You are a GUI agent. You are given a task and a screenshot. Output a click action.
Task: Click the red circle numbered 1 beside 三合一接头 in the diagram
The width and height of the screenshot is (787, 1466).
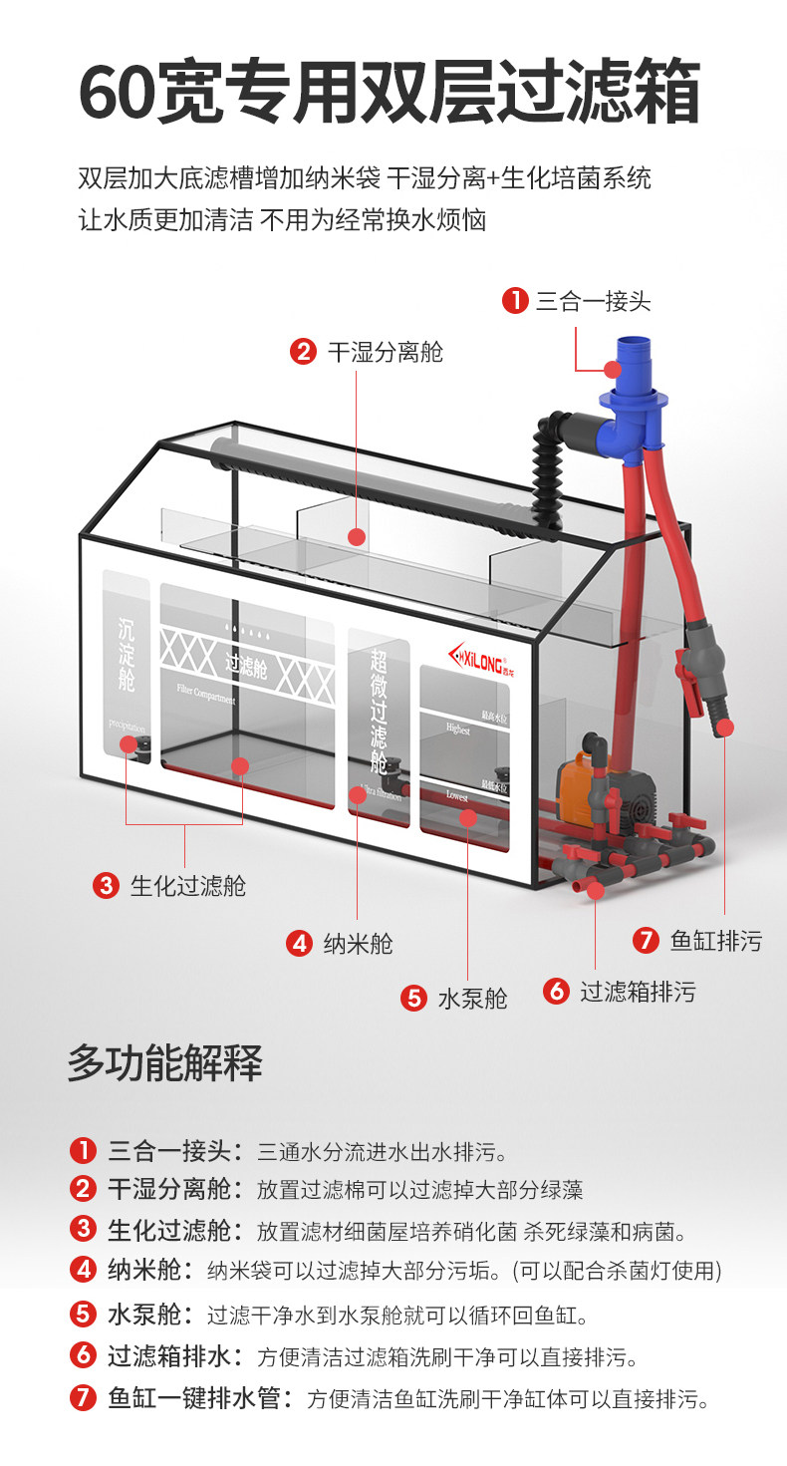point(514,300)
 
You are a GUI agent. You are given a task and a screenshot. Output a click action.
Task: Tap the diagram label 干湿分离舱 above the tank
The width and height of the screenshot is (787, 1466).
point(385,352)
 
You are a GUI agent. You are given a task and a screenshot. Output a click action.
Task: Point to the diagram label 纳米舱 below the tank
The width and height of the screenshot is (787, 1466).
point(358,943)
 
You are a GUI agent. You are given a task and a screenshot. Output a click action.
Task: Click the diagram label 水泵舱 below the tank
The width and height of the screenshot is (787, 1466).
point(472,998)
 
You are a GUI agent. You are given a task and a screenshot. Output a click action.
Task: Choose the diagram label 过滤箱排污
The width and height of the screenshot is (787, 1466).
point(638,992)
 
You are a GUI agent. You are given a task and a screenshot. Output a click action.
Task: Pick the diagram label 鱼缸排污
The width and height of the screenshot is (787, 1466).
point(715,940)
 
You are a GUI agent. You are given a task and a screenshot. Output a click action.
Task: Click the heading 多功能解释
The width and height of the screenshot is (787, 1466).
point(164,1064)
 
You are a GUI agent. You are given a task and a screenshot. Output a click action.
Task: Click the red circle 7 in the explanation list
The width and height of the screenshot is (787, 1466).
point(82,1398)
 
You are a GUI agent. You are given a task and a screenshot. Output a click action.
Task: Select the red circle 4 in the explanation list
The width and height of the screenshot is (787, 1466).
point(82,1270)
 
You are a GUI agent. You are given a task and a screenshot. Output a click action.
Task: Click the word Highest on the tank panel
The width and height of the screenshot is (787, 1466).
point(457,730)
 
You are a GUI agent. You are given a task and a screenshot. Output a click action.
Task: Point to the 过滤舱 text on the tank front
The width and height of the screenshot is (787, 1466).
point(245,667)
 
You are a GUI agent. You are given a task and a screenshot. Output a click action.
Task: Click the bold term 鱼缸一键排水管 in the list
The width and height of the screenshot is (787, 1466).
point(194,1398)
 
